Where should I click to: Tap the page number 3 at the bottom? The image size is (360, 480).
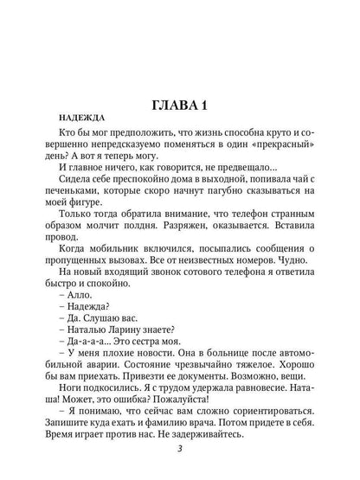point(179,461)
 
